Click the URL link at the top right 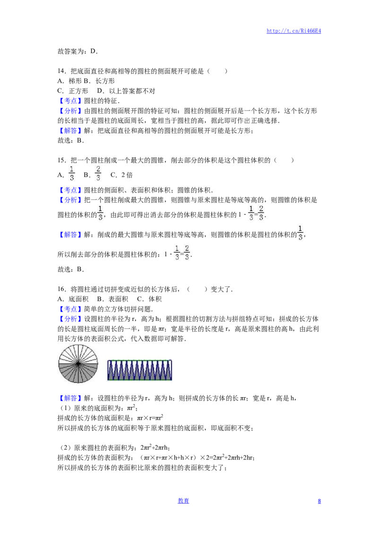(x=294, y=31)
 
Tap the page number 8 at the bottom (x=319, y=501)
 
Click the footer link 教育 (x=183, y=500)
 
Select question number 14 (x=62, y=71)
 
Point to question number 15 (x=62, y=160)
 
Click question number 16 (x=62, y=289)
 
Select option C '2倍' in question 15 (x=121, y=175)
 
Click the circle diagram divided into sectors (x=78, y=363)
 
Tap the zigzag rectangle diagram (x=139, y=370)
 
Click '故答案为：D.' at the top (x=78, y=51)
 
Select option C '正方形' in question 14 (x=73, y=91)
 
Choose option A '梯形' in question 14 (x=69, y=81)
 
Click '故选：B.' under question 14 (x=70, y=140)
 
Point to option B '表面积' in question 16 (x=112, y=299)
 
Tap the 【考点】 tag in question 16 (x=70, y=309)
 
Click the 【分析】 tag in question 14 (x=70, y=111)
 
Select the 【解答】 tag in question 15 (x=70, y=234)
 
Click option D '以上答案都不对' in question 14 (x=126, y=91)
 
